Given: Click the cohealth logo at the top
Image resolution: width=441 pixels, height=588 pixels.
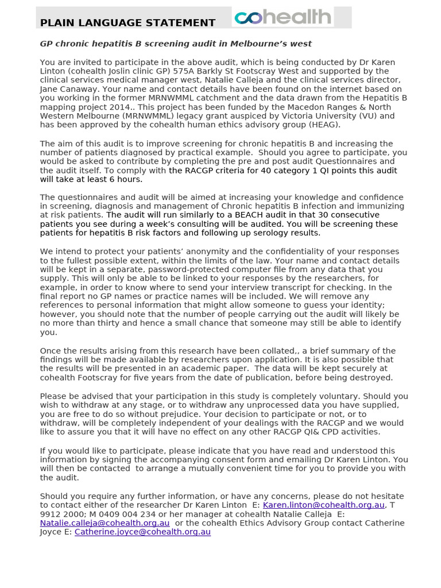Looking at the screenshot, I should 283,17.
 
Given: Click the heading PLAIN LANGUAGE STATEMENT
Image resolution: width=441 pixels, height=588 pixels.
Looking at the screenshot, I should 127,23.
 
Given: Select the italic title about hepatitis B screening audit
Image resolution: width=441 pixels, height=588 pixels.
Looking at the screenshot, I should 176,44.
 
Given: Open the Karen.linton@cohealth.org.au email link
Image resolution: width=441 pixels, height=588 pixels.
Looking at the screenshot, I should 323,505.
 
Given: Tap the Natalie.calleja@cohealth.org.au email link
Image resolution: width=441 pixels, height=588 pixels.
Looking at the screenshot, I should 105,523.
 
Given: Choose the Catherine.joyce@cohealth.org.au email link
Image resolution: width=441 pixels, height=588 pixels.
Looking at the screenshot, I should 142,532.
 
